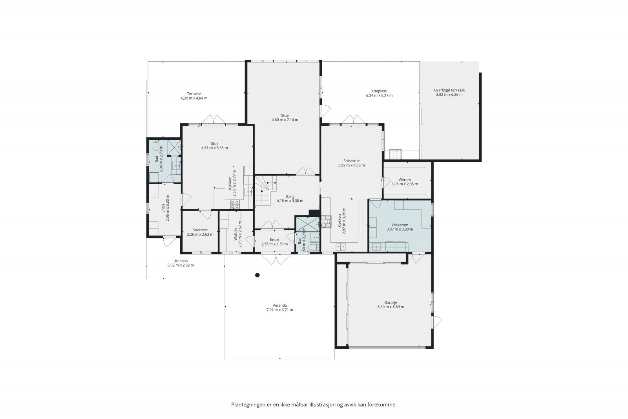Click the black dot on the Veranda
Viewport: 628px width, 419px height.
click(257, 275)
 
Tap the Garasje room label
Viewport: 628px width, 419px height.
click(391, 303)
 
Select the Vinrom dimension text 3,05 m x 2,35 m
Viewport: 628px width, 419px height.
click(405, 184)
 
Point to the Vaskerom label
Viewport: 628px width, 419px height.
click(400, 225)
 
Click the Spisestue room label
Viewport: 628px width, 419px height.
click(352, 161)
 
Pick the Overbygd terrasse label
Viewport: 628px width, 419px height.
click(449, 90)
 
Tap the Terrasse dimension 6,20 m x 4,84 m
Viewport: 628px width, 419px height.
click(194, 98)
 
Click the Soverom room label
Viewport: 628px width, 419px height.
click(200, 230)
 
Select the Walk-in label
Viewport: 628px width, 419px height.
click(236, 234)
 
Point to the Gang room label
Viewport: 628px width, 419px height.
click(290, 197)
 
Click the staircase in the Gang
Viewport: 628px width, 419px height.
click(265, 190)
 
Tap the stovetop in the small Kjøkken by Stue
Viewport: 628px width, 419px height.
click(235, 204)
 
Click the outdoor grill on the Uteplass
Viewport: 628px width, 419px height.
click(395, 154)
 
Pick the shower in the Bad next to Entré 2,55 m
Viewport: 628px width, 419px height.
click(308, 224)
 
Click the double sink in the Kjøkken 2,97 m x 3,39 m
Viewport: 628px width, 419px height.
click(341, 247)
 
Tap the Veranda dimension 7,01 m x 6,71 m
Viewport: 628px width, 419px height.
click(279, 310)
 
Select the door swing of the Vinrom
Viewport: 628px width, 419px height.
click(387, 183)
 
